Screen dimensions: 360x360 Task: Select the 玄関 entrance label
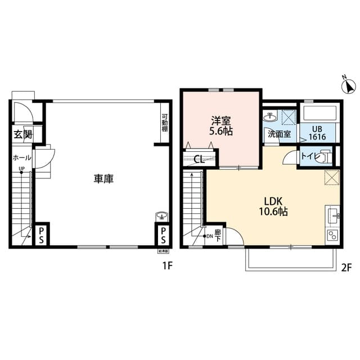coord(22,134)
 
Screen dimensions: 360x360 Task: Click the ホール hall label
coord(21,158)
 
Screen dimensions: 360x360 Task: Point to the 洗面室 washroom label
coord(278,134)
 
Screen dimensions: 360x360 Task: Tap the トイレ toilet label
coord(308,155)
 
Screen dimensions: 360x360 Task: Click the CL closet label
coord(197,159)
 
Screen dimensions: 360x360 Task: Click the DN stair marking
coord(209,236)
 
